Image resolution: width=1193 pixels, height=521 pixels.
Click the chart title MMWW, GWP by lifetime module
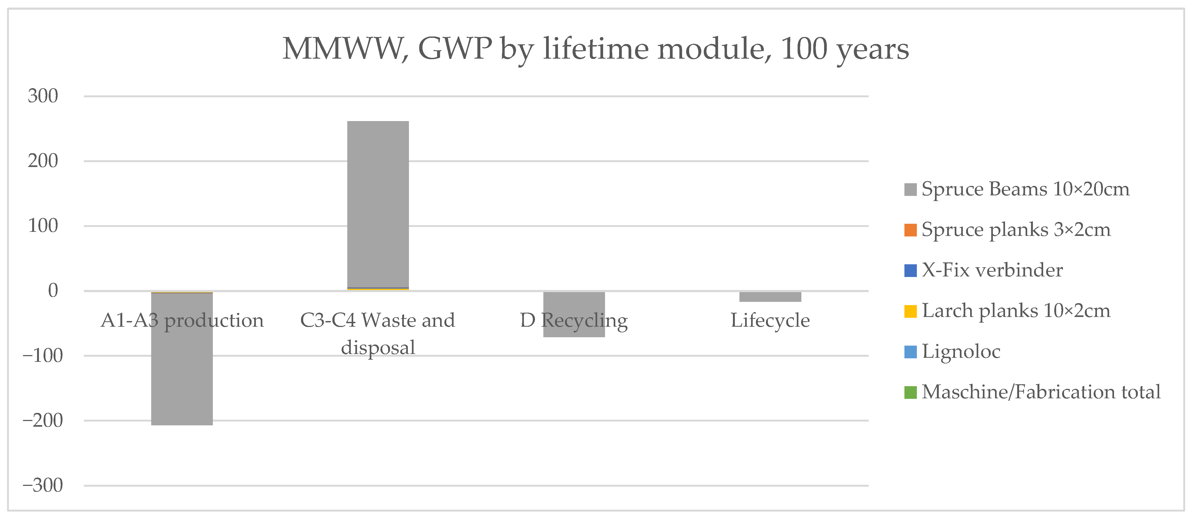596,49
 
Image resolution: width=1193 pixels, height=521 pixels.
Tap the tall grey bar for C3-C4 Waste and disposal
378,203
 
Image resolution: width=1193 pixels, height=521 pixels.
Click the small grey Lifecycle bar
770,297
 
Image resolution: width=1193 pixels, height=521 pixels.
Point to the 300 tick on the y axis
43,96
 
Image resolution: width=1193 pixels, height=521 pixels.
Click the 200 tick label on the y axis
43,161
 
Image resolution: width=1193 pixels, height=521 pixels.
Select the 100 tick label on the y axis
43,226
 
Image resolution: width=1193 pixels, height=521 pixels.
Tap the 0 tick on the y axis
53,290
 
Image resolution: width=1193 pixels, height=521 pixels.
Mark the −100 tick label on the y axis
43,356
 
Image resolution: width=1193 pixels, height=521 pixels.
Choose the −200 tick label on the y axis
43,420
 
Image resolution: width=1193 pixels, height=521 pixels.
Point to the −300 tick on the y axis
43,485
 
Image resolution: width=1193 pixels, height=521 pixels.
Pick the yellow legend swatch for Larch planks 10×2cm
910,311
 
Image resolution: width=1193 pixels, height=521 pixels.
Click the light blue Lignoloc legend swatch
910,352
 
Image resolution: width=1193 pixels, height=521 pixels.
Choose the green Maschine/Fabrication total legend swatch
910,392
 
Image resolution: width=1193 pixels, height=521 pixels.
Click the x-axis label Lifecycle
770,320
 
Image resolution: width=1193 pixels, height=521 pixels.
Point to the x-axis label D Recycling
574,320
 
